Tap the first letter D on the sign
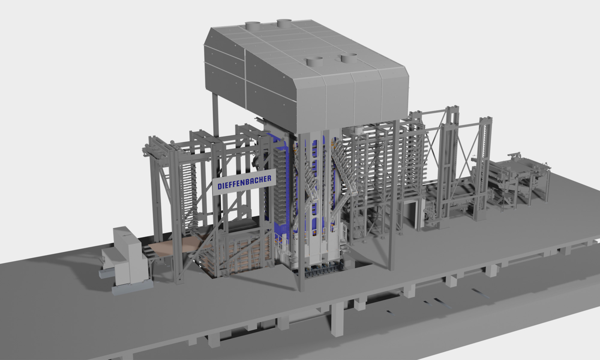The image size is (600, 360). (x=220, y=186)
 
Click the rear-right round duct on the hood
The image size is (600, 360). (x=284, y=23)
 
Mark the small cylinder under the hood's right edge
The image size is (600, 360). (x=358, y=130)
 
